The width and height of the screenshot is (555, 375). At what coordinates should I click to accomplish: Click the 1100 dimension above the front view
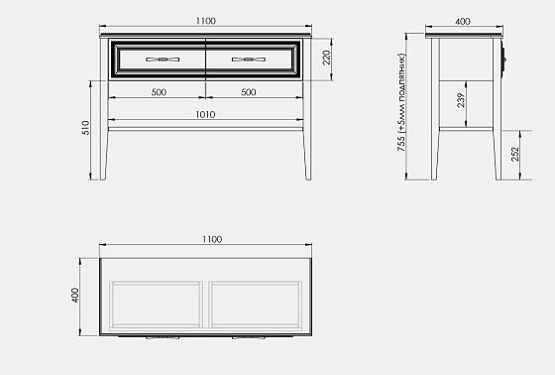pos(206,21)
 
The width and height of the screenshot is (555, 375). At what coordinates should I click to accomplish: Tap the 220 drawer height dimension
pos(326,58)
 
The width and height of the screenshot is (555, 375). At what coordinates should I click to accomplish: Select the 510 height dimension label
pos(85,128)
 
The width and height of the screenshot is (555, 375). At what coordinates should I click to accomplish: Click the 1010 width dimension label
pos(205,114)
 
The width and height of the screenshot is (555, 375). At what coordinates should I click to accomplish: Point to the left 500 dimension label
pos(159,92)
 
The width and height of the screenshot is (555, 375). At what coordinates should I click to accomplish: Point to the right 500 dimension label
pos(248,92)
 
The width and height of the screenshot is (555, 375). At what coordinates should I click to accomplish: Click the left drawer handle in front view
pos(163,60)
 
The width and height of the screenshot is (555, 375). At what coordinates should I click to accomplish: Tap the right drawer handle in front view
pos(249,60)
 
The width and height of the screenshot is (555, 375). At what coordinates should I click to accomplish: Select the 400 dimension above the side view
pos(463,22)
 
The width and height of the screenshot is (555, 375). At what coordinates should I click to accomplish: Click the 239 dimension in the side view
pos(461,100)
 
